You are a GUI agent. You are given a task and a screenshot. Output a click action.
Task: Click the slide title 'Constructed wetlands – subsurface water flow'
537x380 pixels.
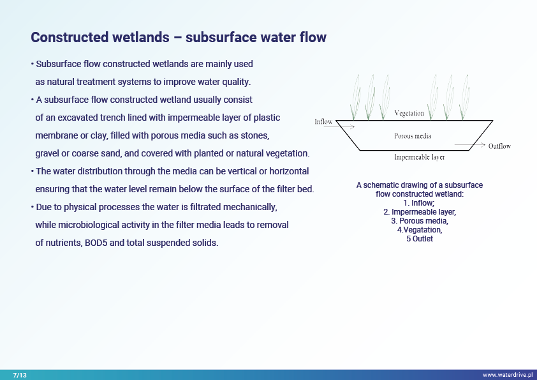coord(179,37)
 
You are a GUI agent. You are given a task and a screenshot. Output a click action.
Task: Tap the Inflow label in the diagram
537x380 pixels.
coord(323,121)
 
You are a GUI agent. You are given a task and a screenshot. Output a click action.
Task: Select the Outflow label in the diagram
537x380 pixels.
coord(499,146)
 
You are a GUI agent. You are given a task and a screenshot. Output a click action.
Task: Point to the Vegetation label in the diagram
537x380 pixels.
coord(409,113)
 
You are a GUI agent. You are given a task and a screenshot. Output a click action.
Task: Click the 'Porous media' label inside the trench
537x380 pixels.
coord(413,135)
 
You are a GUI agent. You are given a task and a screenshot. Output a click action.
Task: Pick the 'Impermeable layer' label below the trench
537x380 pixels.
coord(420,156)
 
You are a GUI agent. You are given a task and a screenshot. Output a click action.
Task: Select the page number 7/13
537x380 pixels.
coord(20,375)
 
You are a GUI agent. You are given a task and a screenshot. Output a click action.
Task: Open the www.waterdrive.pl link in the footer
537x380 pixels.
coord(507,375)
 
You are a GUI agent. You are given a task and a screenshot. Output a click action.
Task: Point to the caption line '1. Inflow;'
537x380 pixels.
coord(419,203)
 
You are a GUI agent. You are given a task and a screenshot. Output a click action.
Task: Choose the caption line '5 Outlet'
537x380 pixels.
coord(419,239)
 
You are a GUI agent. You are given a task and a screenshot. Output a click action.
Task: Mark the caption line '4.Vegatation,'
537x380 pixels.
coord(419,230)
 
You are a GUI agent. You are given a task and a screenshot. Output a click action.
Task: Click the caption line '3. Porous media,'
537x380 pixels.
coord(419,221)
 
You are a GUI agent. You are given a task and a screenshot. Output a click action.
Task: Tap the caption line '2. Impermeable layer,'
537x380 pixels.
coord(419,212)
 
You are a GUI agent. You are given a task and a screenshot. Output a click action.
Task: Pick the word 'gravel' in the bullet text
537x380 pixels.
coord(48,154)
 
